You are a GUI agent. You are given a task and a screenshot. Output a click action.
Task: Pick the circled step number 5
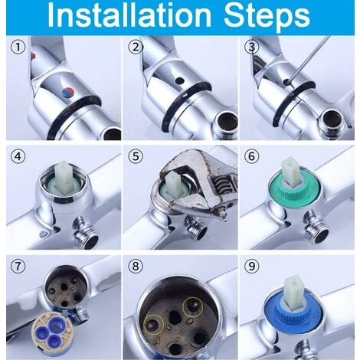(136, 159)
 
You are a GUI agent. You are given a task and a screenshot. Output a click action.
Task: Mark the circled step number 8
(136, 270)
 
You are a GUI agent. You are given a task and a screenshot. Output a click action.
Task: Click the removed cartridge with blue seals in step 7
(42, 329)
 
